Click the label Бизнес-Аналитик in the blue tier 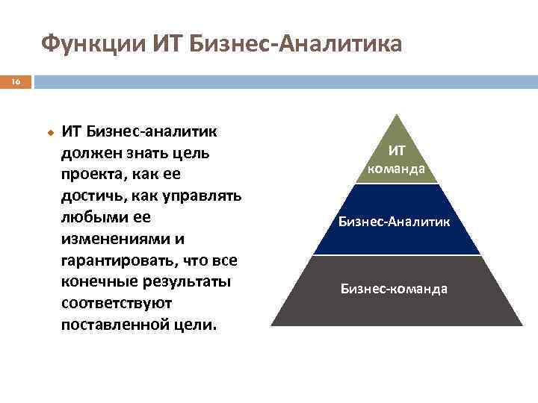tap(395, 222)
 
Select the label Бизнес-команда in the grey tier tap(395, 288)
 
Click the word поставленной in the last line tap(111, 326)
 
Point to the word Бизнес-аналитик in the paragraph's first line tap(152, 131)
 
